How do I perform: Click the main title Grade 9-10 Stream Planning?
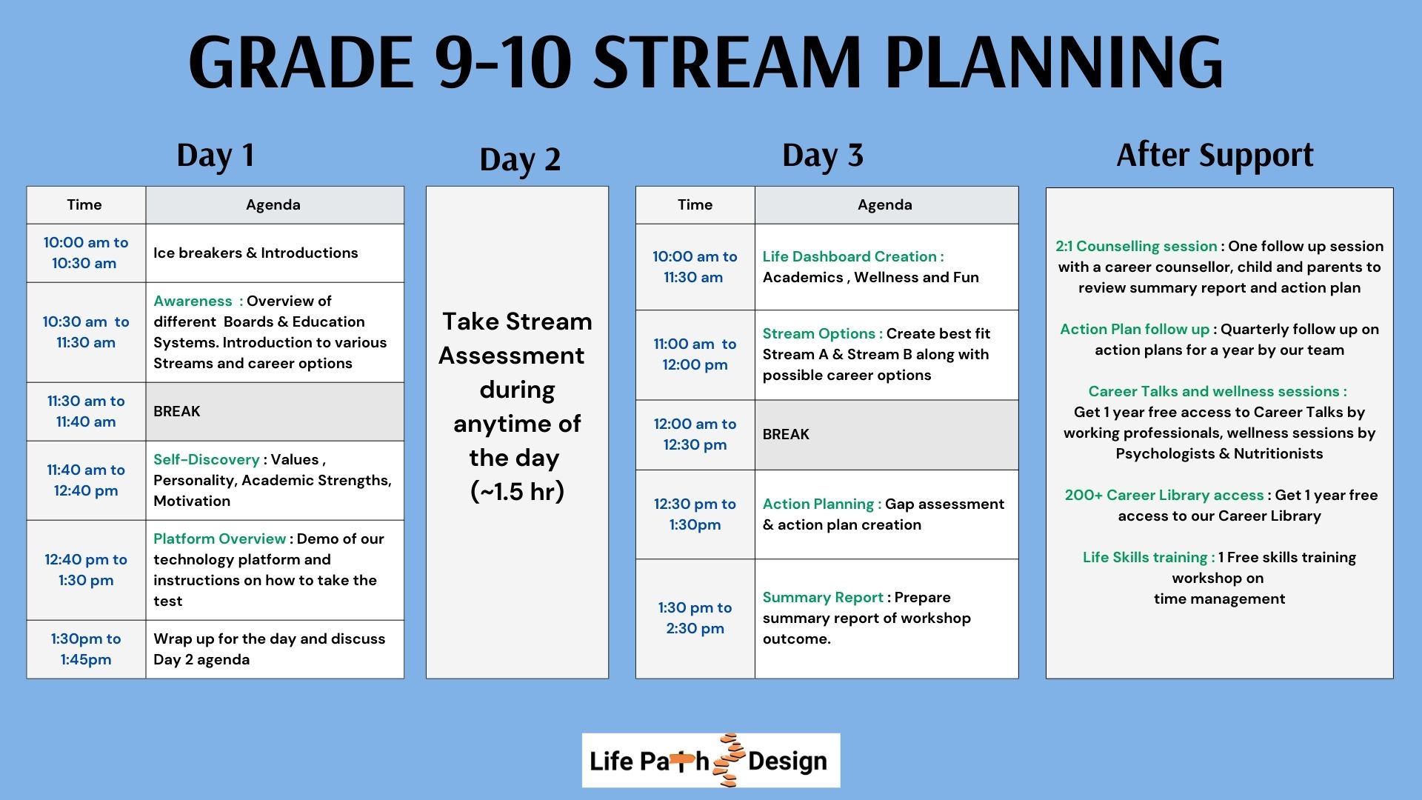click(706, 62)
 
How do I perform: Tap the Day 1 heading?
click(216, 156)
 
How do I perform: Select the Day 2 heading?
click(520, 160)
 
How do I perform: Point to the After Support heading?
click(1215, 156)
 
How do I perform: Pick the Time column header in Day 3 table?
click(695, 205)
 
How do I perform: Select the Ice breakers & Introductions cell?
click(275, 253)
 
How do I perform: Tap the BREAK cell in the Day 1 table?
click(275, 411)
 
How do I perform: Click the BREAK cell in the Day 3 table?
click(887, 435)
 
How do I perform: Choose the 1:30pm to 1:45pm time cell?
click(86, 649)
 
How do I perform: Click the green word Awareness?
click(193, 301)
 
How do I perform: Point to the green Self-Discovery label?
click(207, 459)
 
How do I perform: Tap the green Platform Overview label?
click(219, 539)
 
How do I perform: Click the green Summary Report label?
click(823, 597)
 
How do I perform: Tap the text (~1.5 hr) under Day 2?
click(518, 491)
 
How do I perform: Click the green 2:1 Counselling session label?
click(1136, 246)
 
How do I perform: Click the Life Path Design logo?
click(711, 760)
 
